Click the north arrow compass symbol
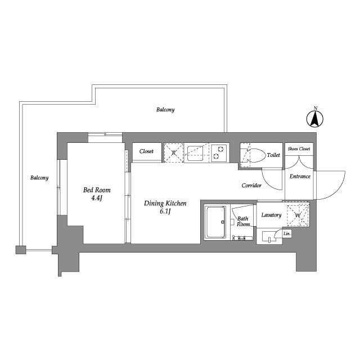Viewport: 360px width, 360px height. [315, 119]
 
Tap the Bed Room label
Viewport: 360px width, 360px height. [97, 190]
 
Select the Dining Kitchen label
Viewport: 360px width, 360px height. [165, 204]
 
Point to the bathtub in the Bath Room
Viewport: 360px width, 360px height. [216, 222]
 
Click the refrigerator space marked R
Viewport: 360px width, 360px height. [174, 152]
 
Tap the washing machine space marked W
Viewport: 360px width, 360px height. [298, 215]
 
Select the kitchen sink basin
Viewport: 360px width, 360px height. [195, 154]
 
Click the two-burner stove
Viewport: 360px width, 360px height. [219, 153]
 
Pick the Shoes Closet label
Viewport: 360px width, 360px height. [299, 148]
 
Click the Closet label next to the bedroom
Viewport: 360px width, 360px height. [146, 151]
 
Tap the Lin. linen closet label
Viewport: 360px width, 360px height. [287, 234]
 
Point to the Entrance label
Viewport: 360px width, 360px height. [300, 176]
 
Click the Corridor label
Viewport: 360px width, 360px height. [251, 185]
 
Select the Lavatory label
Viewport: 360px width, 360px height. [271, 215]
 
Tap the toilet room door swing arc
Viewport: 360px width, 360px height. [268, 184]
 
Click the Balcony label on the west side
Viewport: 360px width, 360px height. [39, 178]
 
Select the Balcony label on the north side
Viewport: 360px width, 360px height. [165, 110]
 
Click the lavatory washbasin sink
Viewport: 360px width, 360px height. [269, 237]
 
